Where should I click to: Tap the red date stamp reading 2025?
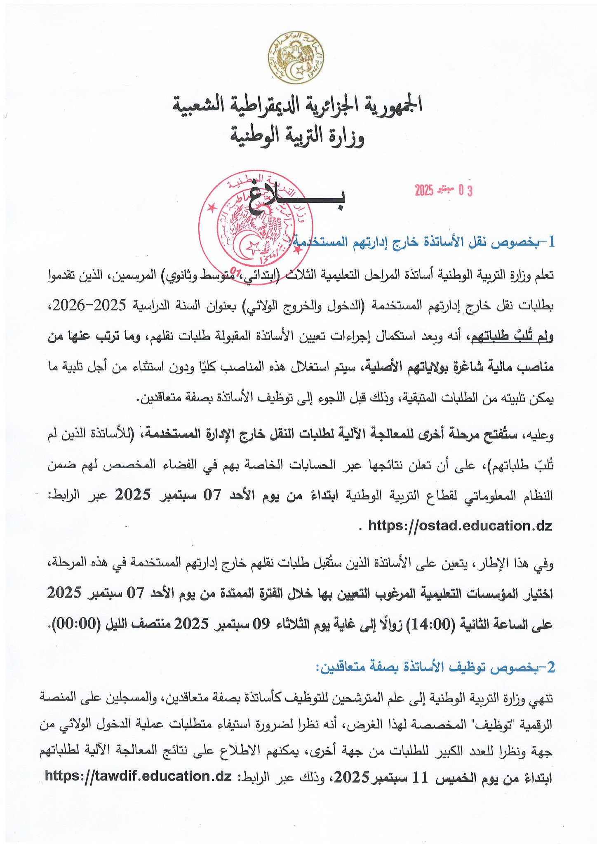point(443,190)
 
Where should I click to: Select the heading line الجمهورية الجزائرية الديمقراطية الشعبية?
point(298,105)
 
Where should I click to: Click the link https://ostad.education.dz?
point(459,526)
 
